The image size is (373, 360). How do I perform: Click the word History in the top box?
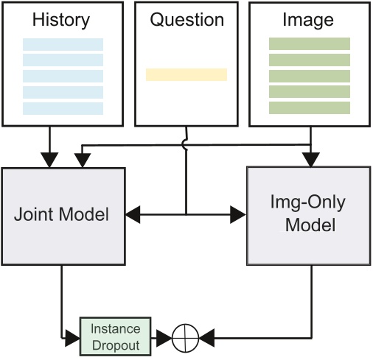[63, 20]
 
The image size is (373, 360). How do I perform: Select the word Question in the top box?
[186, 20]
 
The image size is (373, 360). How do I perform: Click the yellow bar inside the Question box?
[186, 74]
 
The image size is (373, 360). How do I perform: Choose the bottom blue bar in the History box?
[63, 109]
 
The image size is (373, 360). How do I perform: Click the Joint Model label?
[62, 216]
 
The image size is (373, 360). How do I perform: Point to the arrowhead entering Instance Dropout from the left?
[73, 339]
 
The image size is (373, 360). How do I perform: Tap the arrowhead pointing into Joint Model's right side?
[134, 216]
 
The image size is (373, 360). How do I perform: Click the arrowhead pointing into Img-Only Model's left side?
[237, 216]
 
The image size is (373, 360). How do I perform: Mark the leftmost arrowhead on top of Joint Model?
[49, 159]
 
